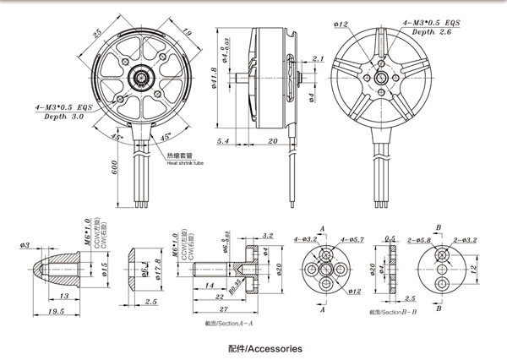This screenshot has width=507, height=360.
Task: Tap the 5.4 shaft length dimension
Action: (223, 140)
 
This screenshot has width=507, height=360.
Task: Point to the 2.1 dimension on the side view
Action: (318, 58)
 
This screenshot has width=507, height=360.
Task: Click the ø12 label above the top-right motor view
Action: (341, 24)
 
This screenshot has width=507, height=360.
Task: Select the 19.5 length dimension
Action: (57, 312)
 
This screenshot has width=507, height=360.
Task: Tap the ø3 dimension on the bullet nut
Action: (25, 245)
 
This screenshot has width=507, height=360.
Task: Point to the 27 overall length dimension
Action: (222, 311)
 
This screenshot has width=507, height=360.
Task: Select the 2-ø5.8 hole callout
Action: (420, 239)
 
